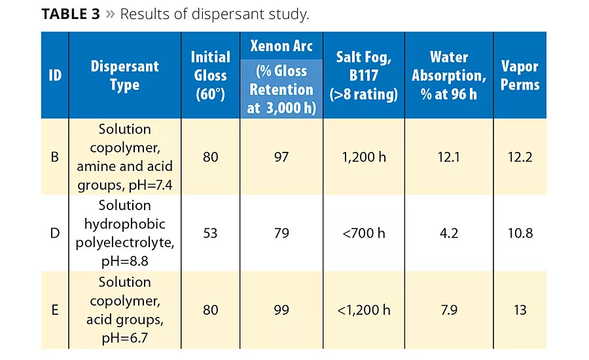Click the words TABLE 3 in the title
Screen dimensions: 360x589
click(71, 14)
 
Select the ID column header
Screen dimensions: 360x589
click(55, 75)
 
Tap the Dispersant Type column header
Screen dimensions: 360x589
click(124, 75)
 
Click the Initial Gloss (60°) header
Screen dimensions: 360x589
click(210, 75)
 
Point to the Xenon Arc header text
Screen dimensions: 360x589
click(281, 46)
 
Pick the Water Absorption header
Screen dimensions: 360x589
click(449, 75)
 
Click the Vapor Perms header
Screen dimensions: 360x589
click(520, 75)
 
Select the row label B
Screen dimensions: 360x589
click(55, 157)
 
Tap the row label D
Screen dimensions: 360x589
click(55, 233)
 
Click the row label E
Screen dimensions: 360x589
click(55, 310)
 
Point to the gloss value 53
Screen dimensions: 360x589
click(210, 233)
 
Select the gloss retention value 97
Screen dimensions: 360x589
click(281, 157)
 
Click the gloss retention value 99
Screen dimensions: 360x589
click(281, 310)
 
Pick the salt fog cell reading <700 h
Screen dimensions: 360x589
click(364, 233)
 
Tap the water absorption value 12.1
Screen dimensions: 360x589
click(449, 157)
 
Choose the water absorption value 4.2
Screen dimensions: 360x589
click(449, 233)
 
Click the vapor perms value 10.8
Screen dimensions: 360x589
click(520, 233)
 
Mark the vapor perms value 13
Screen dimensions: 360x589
click(520, 310)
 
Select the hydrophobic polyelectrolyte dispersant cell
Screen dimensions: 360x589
click(124, 233)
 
